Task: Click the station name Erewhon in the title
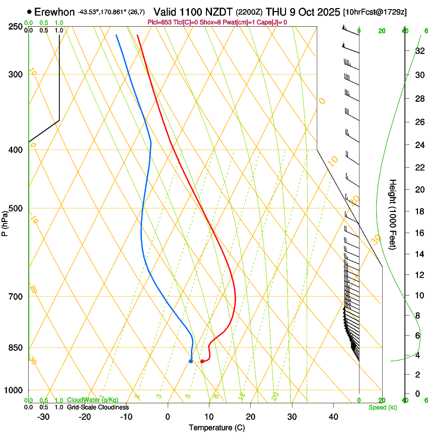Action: click(x=54, y=12)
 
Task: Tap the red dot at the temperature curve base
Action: click(x=202, y=361)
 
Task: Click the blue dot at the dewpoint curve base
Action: click(x=191, y=361)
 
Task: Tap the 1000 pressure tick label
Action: click(x=14, y=390)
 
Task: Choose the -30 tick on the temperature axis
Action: click(x=44, y=417)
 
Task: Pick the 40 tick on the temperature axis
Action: click(x=333, y=417)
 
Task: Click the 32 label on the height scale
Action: click(x=419, y=50)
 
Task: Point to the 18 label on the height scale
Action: click(x=419, y=211)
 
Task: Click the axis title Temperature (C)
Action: click(x=217, y=427)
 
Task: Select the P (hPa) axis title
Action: click(x=5, y=220)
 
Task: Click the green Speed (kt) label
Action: click(x=383, y=407)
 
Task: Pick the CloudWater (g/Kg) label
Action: click(x=93, y=400)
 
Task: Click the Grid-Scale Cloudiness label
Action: click(x=98, y=407)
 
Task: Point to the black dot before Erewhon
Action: click(x=30, y=12)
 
